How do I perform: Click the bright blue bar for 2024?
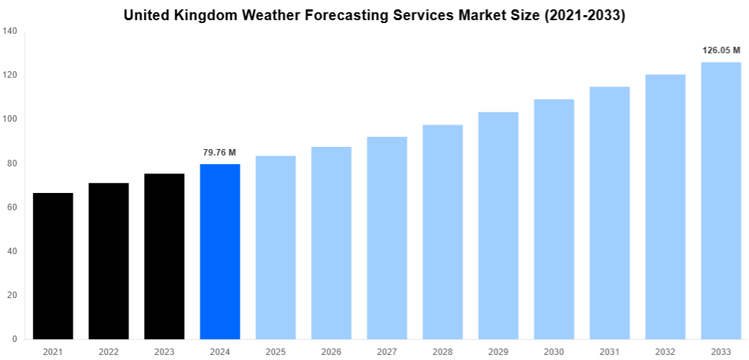click(220, 251)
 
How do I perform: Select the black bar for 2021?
click(53, 266)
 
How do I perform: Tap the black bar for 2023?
click(164, 256)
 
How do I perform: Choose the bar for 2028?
click(442, 232)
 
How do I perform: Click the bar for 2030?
click(554, 219)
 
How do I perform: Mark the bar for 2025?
click(275, 247)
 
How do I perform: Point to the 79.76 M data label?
click(220, 153)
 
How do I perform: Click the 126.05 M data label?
click(721, 50)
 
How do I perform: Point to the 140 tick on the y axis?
click(10, 31)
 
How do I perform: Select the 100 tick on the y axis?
click(10, 119)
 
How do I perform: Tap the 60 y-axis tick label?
click(12, 207)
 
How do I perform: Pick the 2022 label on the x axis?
click(109, 351)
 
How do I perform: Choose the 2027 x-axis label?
click(387, 351)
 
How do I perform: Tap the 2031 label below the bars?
click(609, 351)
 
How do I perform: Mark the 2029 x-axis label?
click(498, 351)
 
